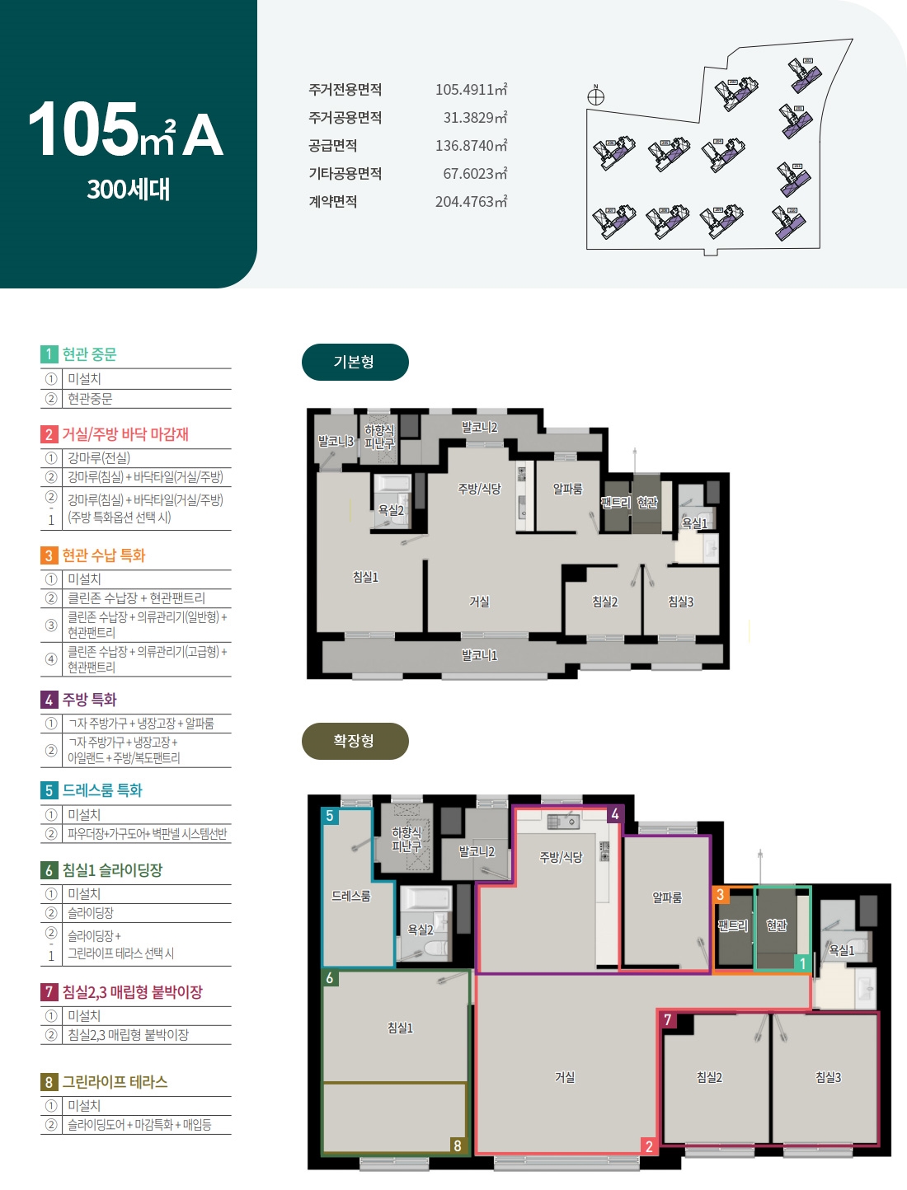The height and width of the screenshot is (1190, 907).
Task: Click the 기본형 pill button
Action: (355, 362)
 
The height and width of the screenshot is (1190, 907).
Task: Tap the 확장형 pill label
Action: (355, 741)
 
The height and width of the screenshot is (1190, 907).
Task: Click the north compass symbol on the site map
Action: (595, 96)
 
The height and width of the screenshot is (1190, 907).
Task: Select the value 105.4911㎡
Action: (471, 90)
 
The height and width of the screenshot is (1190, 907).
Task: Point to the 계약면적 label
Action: (333, 202)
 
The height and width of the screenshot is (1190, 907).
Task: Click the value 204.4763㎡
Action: (471, 202)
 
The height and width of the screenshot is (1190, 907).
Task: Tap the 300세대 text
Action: (129, 190)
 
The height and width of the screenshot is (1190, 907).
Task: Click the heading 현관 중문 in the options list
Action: (90, 354)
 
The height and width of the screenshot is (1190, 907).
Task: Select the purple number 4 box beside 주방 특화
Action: (49, 700)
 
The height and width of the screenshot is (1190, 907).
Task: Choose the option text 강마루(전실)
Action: (99, 458)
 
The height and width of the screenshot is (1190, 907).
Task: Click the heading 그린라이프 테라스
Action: (115, 1081)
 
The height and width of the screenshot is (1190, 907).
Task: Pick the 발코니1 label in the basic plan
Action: (480, 655)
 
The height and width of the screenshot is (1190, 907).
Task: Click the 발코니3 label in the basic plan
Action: (336, 441)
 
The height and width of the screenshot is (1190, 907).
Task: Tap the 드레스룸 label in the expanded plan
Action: (351, 896)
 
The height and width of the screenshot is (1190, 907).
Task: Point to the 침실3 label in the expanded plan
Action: (829, 1077)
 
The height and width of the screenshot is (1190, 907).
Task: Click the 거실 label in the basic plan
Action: (480, 602)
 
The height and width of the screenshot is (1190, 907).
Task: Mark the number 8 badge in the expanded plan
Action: (458, 1145)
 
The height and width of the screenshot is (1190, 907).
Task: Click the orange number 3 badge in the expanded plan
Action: (721, 894)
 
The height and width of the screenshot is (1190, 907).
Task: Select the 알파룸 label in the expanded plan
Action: (667, 897)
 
